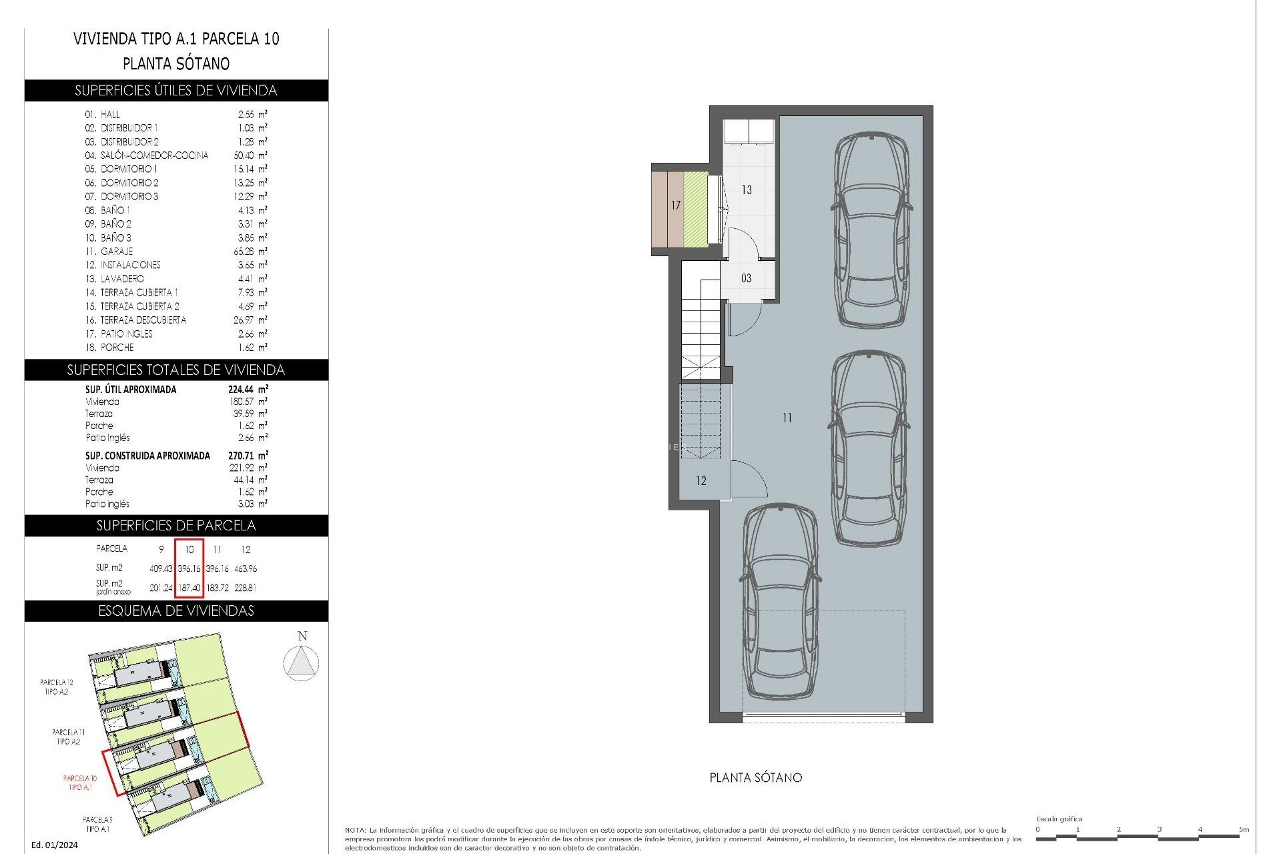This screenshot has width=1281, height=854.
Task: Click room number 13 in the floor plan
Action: pyautogui.click(x=746, y=190)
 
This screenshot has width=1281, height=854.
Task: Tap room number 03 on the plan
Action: pyautogui.click(x=746, y=278)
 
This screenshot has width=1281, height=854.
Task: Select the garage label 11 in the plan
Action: pyautogui.click(x=787, y=418)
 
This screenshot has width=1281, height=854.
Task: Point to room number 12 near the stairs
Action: pyautogui.click(x=701, y=481)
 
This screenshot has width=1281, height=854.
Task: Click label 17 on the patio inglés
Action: pyautogui.click(x=676, y=205)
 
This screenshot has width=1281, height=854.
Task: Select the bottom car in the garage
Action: pyautogui.click(x=779, y=600)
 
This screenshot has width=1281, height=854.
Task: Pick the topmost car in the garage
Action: pyautogui.click(x=871, y=230)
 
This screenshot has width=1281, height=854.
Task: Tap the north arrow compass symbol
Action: pyautogui.click(x=301, y=663)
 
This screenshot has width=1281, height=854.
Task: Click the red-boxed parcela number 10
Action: pyautogui.click(x=189, y=550)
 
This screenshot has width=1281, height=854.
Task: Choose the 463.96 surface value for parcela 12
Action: pyautogui.click(x=246, y=569)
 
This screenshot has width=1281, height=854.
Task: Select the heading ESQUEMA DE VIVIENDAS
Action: pyautogui.click(x=176, y=611)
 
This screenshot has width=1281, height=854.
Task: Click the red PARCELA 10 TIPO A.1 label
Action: pyautogui.click(x=80, y=783)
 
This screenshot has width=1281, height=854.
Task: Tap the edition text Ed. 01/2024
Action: pyautogui.click(x=55, y=845)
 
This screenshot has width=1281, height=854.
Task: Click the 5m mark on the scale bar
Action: pyautogui.click(x=1243, y=830)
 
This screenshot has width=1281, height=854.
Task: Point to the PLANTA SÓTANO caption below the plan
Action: pyautogui.click(x=755, y=778)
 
